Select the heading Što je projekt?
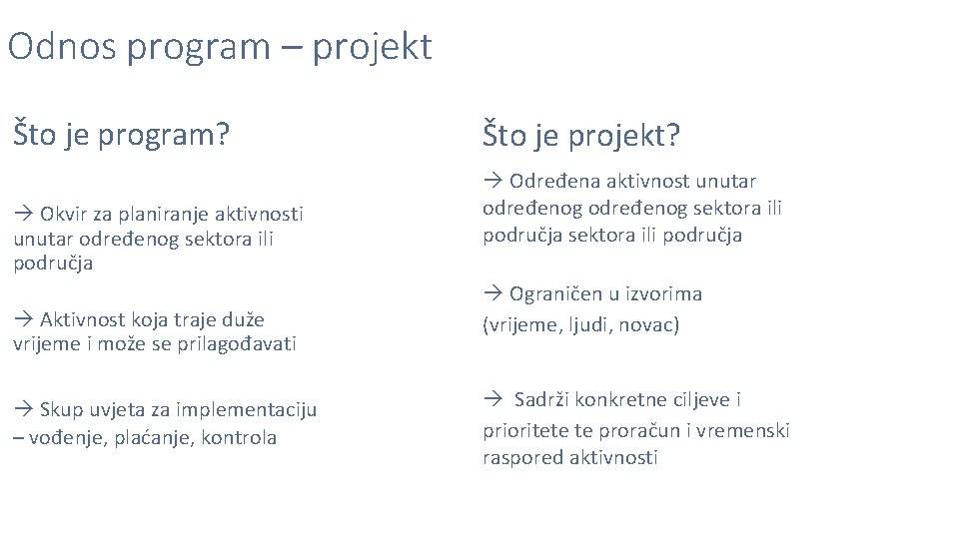[580, 134]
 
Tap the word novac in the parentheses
[650, 325]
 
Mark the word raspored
[522, 458]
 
